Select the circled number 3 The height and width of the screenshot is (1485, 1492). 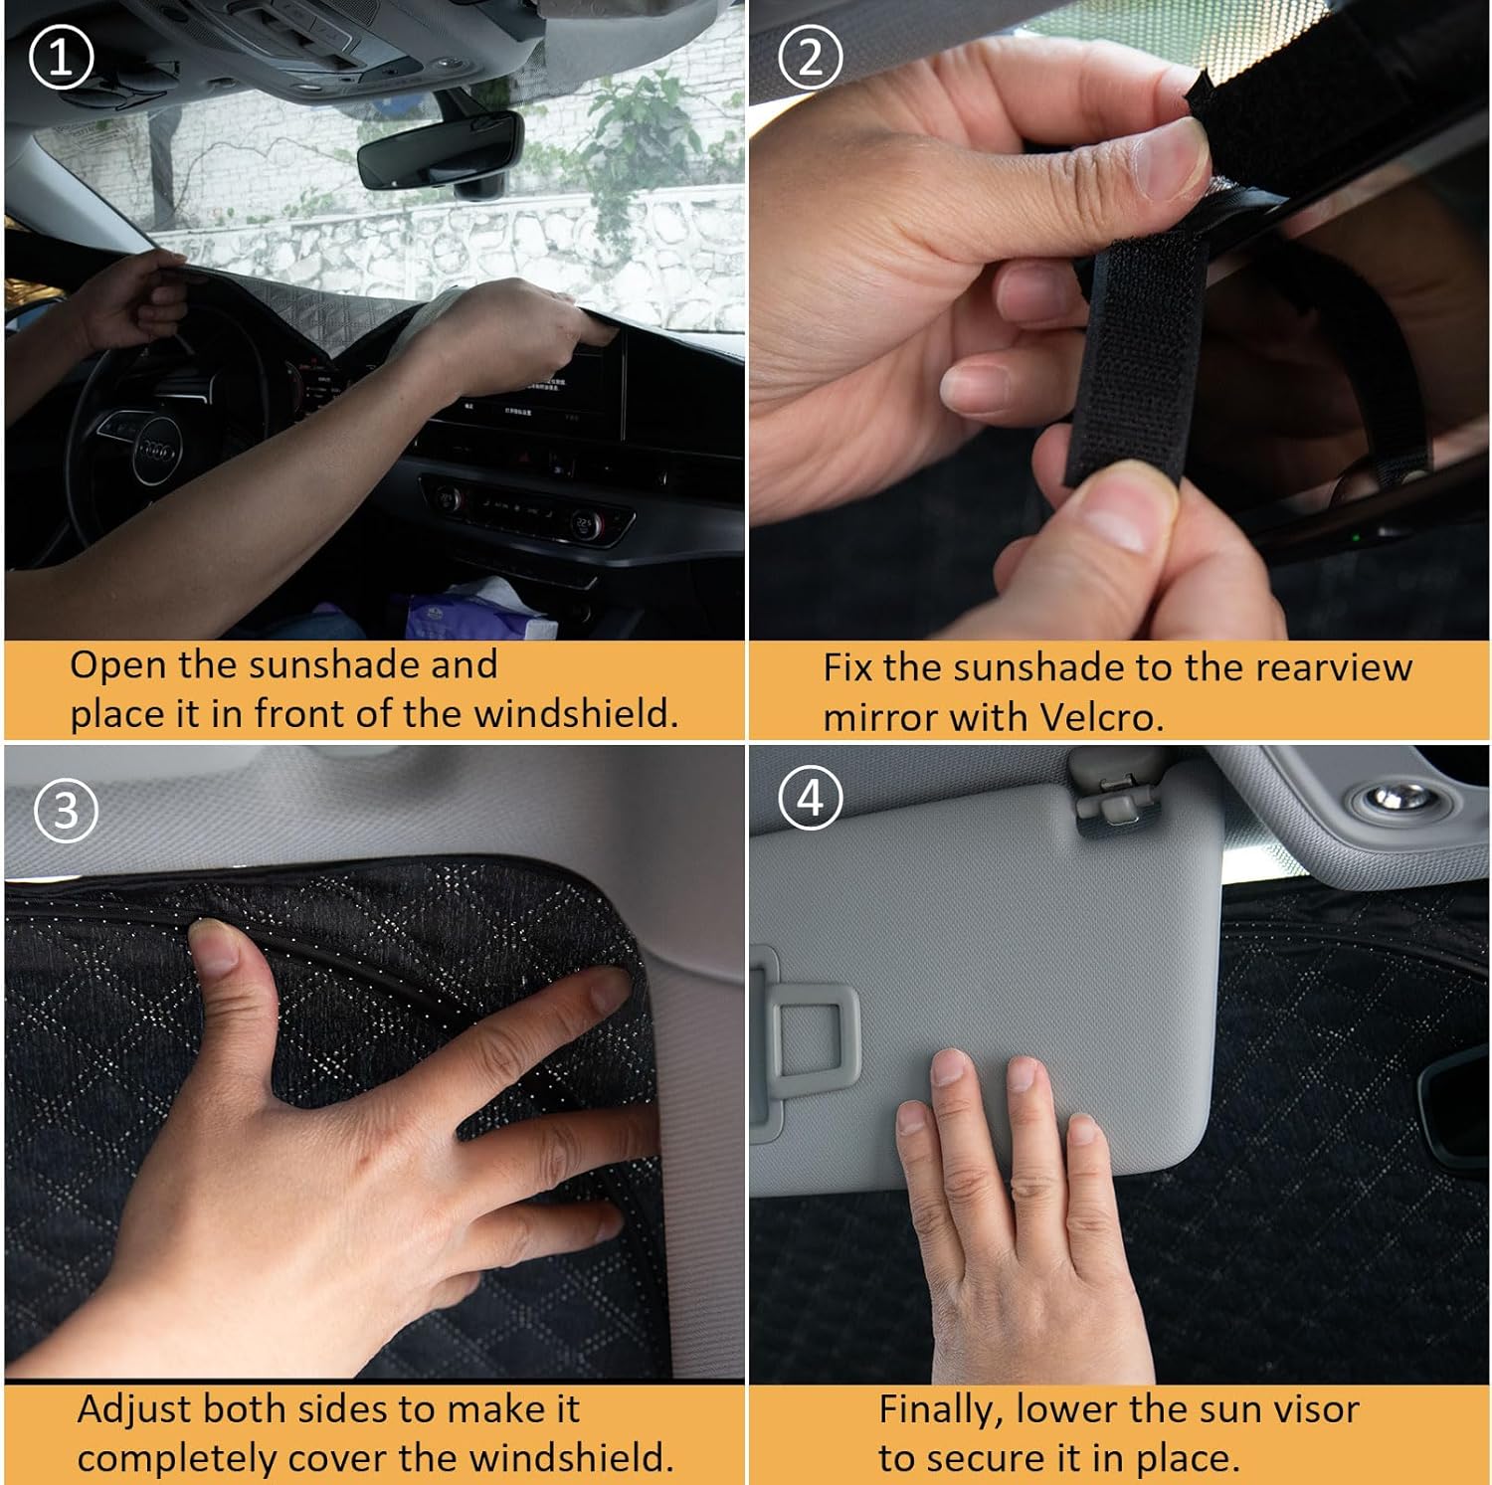tap(66, 810)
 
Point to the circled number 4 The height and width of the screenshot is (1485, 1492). tap(812, 798)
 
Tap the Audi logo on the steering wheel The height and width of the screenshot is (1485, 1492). tap(154, 452)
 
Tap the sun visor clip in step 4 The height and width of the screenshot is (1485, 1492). tap(1106, 795)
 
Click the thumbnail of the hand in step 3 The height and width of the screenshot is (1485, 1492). tap(212, 946)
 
